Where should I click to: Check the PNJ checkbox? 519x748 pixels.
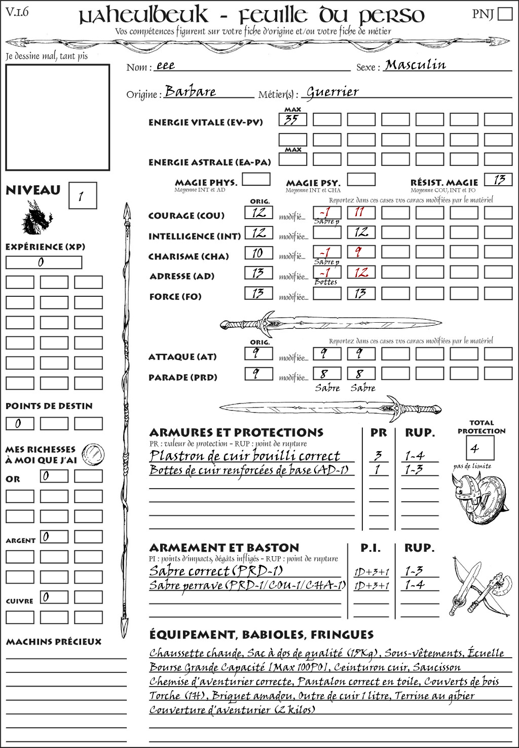click(x=505, y=14)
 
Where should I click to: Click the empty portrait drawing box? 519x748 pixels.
click(x=58, y=117)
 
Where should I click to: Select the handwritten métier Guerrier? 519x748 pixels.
click(x=332, y=92)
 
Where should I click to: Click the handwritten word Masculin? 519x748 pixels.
click(x=415, y=65)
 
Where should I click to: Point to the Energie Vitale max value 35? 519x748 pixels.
click(x=292, y=120)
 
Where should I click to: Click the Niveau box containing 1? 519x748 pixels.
click(x=82, y=195)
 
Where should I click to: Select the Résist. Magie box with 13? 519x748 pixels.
click(x=498, y=180)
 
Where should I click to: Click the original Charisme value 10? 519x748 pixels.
click(x=258, y=253)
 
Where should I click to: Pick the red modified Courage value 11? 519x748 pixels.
click(x=361, y=212)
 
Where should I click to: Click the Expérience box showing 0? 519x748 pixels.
click(x=44, y=262)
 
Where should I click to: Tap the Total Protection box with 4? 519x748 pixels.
click(x=479, y=448)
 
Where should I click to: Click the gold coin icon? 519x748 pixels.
click(x=93, y=453)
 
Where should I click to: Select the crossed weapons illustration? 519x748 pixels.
click(x=479, y=587)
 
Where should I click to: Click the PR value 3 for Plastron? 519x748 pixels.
click(x=378, y=456)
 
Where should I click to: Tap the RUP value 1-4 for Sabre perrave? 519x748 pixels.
click(x=414, y=585)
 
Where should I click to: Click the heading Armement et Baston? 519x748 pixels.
click(x=224, y=548)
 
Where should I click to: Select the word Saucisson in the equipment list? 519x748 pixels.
click(x=436, y=667)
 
